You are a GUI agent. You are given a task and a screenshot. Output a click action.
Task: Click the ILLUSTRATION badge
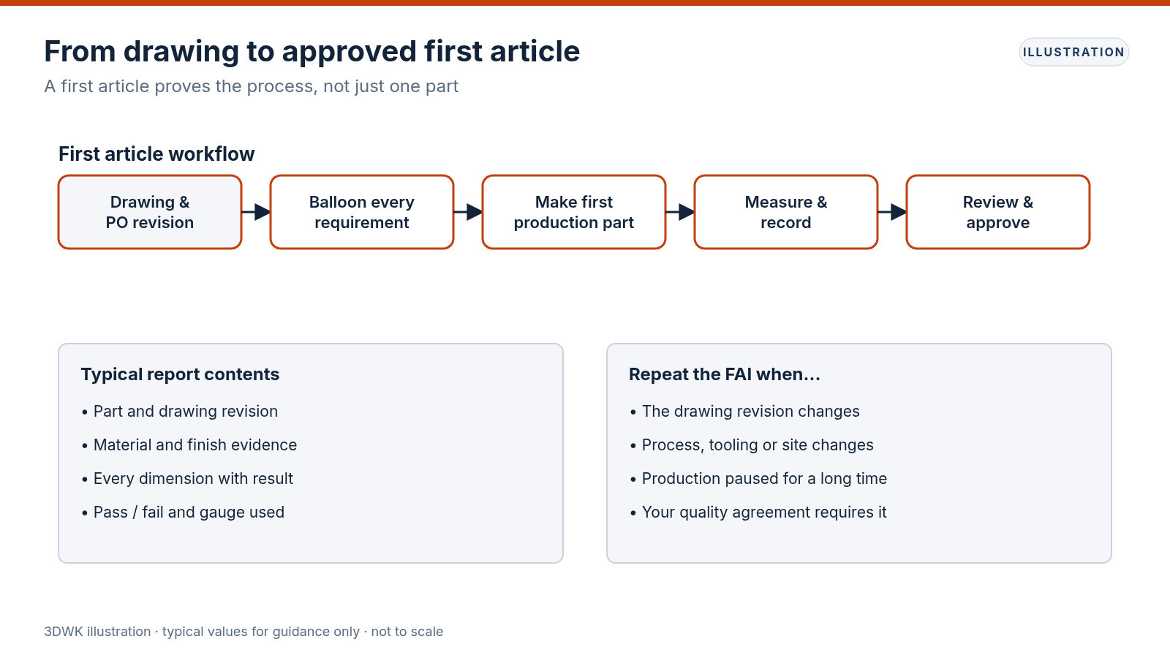[1074, 52]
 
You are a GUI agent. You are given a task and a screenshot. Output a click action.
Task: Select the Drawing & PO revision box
[150, 212]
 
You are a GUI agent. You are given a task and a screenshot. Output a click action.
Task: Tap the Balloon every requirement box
[362, 212]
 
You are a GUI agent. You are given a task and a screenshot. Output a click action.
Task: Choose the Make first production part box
[574, 212]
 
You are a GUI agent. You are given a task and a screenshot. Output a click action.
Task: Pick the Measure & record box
[786, 212]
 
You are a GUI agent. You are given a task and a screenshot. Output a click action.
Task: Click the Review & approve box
[998, 212]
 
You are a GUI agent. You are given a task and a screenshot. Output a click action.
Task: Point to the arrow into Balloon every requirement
[256, 212]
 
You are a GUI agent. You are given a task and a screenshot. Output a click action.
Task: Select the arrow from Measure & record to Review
[892, 212]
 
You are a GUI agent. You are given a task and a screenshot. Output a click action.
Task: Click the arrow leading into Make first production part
[468, 212]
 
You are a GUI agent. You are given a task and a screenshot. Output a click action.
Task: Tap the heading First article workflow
[156, 154]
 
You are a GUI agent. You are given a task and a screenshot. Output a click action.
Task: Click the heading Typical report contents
[180, 374]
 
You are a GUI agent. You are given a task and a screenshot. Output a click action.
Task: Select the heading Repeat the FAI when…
[725, 374]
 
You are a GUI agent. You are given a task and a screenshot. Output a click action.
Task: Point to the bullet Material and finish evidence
[189, 445]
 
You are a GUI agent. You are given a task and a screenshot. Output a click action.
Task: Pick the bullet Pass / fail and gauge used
[184, 513]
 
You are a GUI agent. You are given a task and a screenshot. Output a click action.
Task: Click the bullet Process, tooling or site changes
[752, 445]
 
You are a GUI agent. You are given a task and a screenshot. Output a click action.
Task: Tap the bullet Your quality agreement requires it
[758, 513]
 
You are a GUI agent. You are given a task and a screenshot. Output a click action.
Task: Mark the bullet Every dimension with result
[187, 479]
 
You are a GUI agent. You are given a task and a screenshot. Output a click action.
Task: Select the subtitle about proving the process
[252, 86]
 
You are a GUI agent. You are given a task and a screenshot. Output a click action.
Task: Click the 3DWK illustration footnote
[244, 632]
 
